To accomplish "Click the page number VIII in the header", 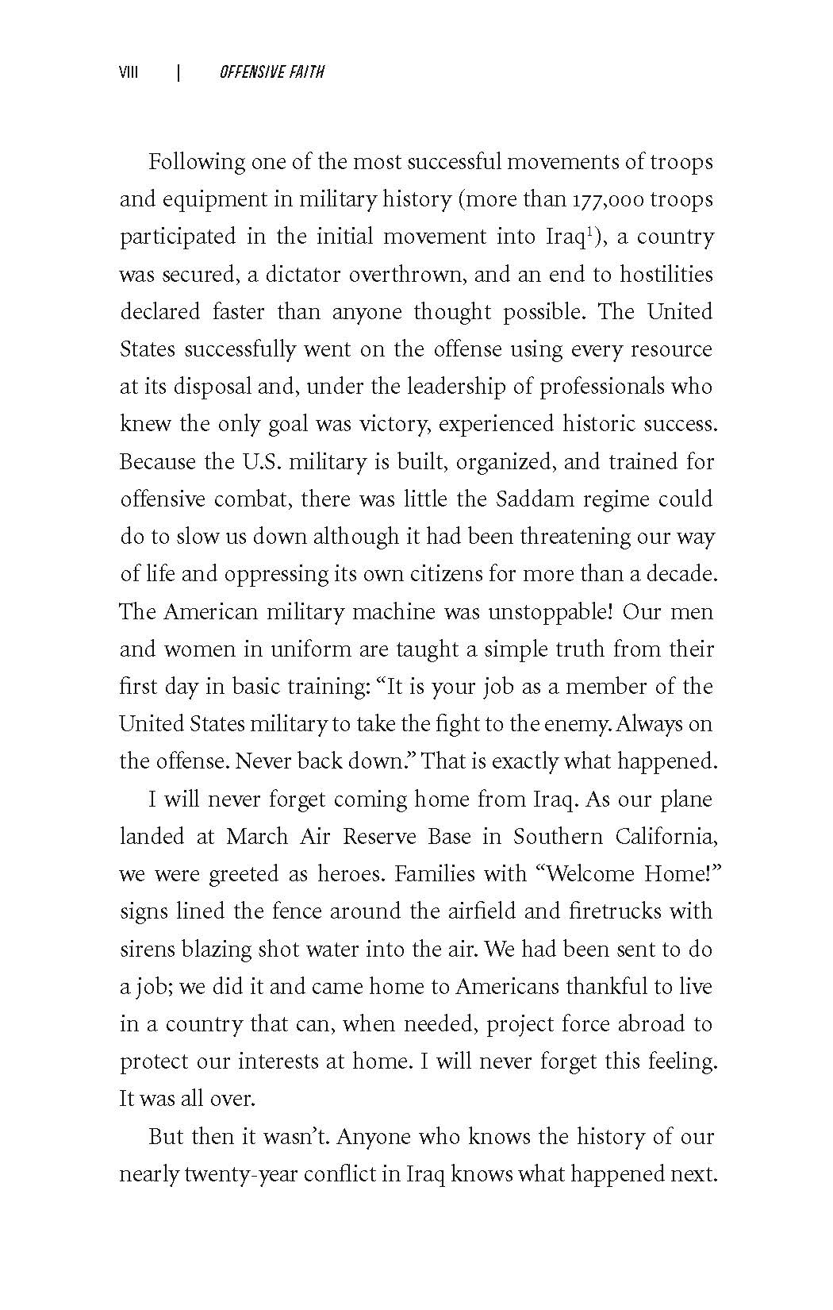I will click(129, 73).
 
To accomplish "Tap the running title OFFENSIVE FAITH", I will click(271, 73).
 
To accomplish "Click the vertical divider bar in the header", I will click(178, 73).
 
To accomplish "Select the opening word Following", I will click(198, 163).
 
